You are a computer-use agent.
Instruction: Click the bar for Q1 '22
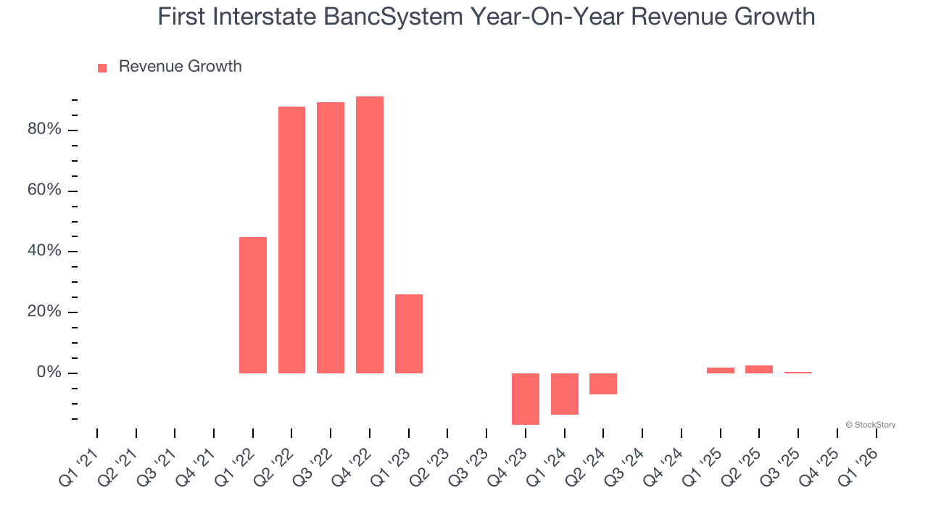[253, 304]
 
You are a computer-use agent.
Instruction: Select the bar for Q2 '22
[291, 239]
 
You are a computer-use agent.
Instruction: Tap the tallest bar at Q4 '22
[370, 234]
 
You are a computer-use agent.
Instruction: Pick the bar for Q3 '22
[331, 237]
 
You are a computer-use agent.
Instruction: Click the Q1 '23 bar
[409, 333]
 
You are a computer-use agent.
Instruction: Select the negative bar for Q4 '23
[526, 399]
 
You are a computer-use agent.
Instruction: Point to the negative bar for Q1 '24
[565, 394]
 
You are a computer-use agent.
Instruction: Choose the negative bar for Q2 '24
[603, 384]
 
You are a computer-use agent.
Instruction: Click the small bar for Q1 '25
[721, 370]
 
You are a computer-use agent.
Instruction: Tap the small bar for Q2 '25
[759, 369]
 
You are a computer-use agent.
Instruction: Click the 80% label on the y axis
[45, 130]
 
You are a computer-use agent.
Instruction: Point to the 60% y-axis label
[45, 191]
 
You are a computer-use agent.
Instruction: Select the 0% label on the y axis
[49, 373]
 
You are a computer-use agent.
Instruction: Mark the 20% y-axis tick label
[45, 312]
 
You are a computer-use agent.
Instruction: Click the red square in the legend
[102, 67]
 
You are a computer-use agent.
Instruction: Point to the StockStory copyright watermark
[870, 425]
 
